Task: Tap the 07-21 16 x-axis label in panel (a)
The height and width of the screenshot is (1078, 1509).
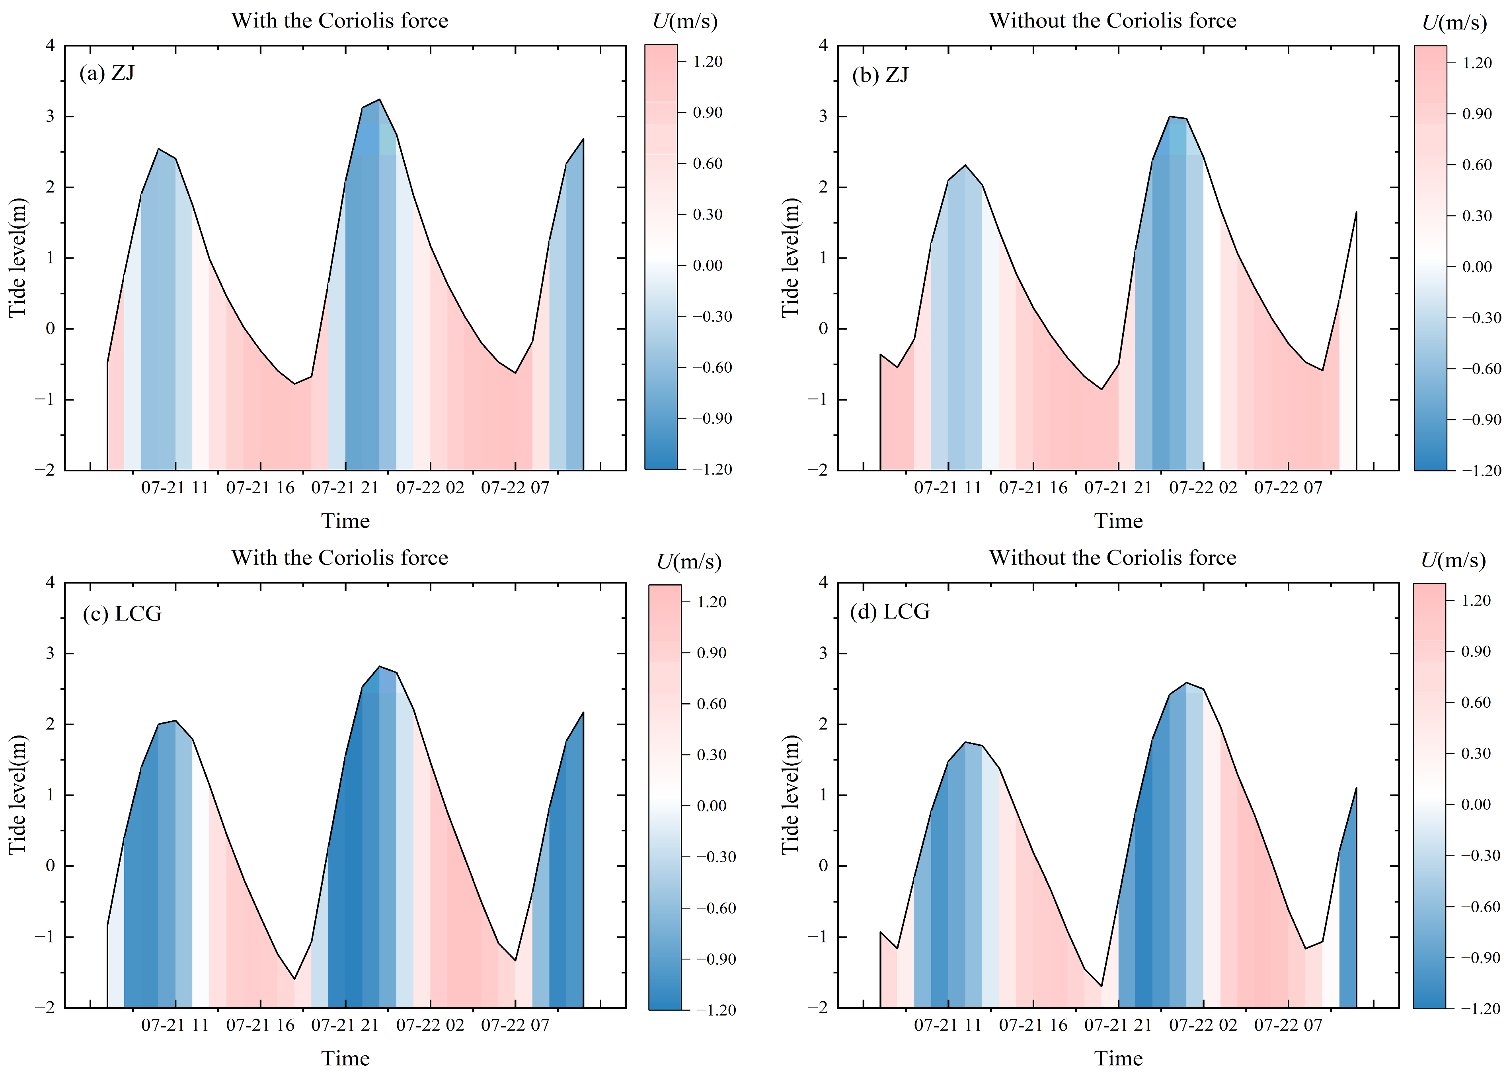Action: click(260, 488)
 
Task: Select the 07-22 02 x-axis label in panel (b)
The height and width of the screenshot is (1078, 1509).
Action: click(1203, 488)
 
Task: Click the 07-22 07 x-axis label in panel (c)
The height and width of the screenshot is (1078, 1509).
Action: click(515, 1025)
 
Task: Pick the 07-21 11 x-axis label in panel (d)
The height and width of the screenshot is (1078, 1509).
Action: click(948, 1025)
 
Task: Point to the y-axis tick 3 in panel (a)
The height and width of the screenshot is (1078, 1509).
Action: click(51, 116)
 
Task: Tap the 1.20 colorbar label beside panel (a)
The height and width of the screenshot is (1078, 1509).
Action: click(707, 61)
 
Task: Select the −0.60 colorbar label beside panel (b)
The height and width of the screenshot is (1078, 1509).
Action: click(1480, 369)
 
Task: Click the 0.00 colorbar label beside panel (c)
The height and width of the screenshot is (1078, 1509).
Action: click(711, 806)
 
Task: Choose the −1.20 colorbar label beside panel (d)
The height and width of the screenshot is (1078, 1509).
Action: click(1480, 1009)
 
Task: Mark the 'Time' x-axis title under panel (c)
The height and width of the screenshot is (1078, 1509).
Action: click(345, 1058)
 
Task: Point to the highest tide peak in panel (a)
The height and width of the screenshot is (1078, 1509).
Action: click(379, 99)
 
